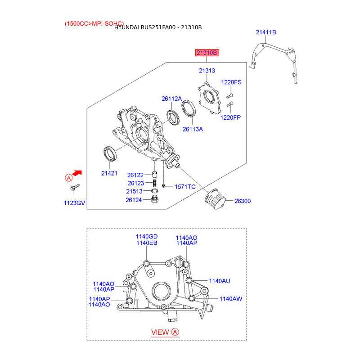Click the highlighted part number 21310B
(x=207, y=53)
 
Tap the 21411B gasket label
(x=266, y=32)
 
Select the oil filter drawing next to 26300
(x=215, y=199)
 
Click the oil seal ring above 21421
(x=110, y=153)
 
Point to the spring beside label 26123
(x=155, y=183)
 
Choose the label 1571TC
(x=185, y=187)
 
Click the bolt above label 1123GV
(x=75, y=187)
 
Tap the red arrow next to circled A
(x=77, y=173)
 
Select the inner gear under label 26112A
(x=173, y=117)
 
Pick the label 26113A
(x=193, y=129)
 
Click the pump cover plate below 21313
(x=209, y=98)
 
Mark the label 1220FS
(x=231, y=82)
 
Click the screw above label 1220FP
(x=230, y=104)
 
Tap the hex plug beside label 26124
(x=155, y=199)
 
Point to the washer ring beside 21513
(x=155, y=191)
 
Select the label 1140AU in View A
(x=220, y=281)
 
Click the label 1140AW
(x=231, y=299)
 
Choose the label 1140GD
(x=147, y=237)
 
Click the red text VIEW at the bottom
(x=160, y=332)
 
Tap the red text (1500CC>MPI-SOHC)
(x=94, y=24)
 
